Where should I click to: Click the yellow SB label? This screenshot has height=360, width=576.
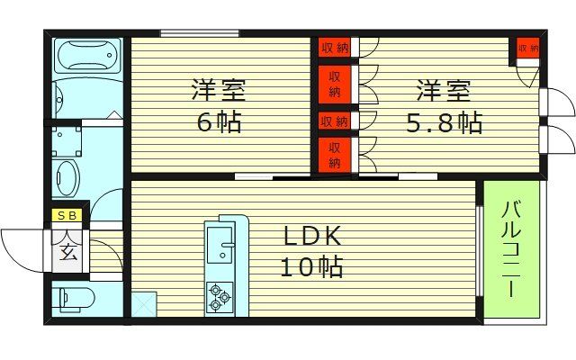67,215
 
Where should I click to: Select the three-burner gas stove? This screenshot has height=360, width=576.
219,296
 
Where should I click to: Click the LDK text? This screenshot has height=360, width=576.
312,237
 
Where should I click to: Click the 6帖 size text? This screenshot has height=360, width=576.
219,121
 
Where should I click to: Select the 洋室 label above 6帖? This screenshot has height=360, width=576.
219,91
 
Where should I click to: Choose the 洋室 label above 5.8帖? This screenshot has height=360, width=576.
443,91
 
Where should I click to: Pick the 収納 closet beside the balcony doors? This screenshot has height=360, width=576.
527,49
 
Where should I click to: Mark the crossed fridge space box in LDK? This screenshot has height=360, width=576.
143,303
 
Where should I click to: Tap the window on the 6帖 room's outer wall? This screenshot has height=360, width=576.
200,34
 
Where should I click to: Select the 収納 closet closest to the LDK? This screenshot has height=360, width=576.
333,154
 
